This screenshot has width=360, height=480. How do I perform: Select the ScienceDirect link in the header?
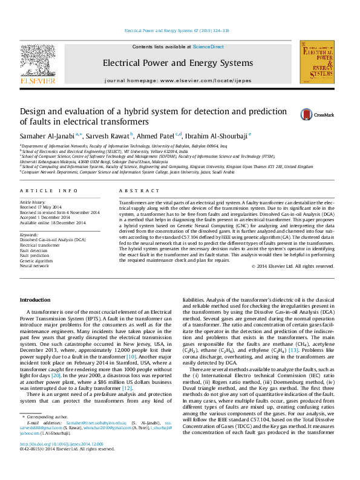[208, 47]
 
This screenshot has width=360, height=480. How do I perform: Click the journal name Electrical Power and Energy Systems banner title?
[177, 63]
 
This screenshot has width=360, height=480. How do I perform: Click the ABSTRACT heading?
[134, 190]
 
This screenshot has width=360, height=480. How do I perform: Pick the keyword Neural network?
[34, 265]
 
